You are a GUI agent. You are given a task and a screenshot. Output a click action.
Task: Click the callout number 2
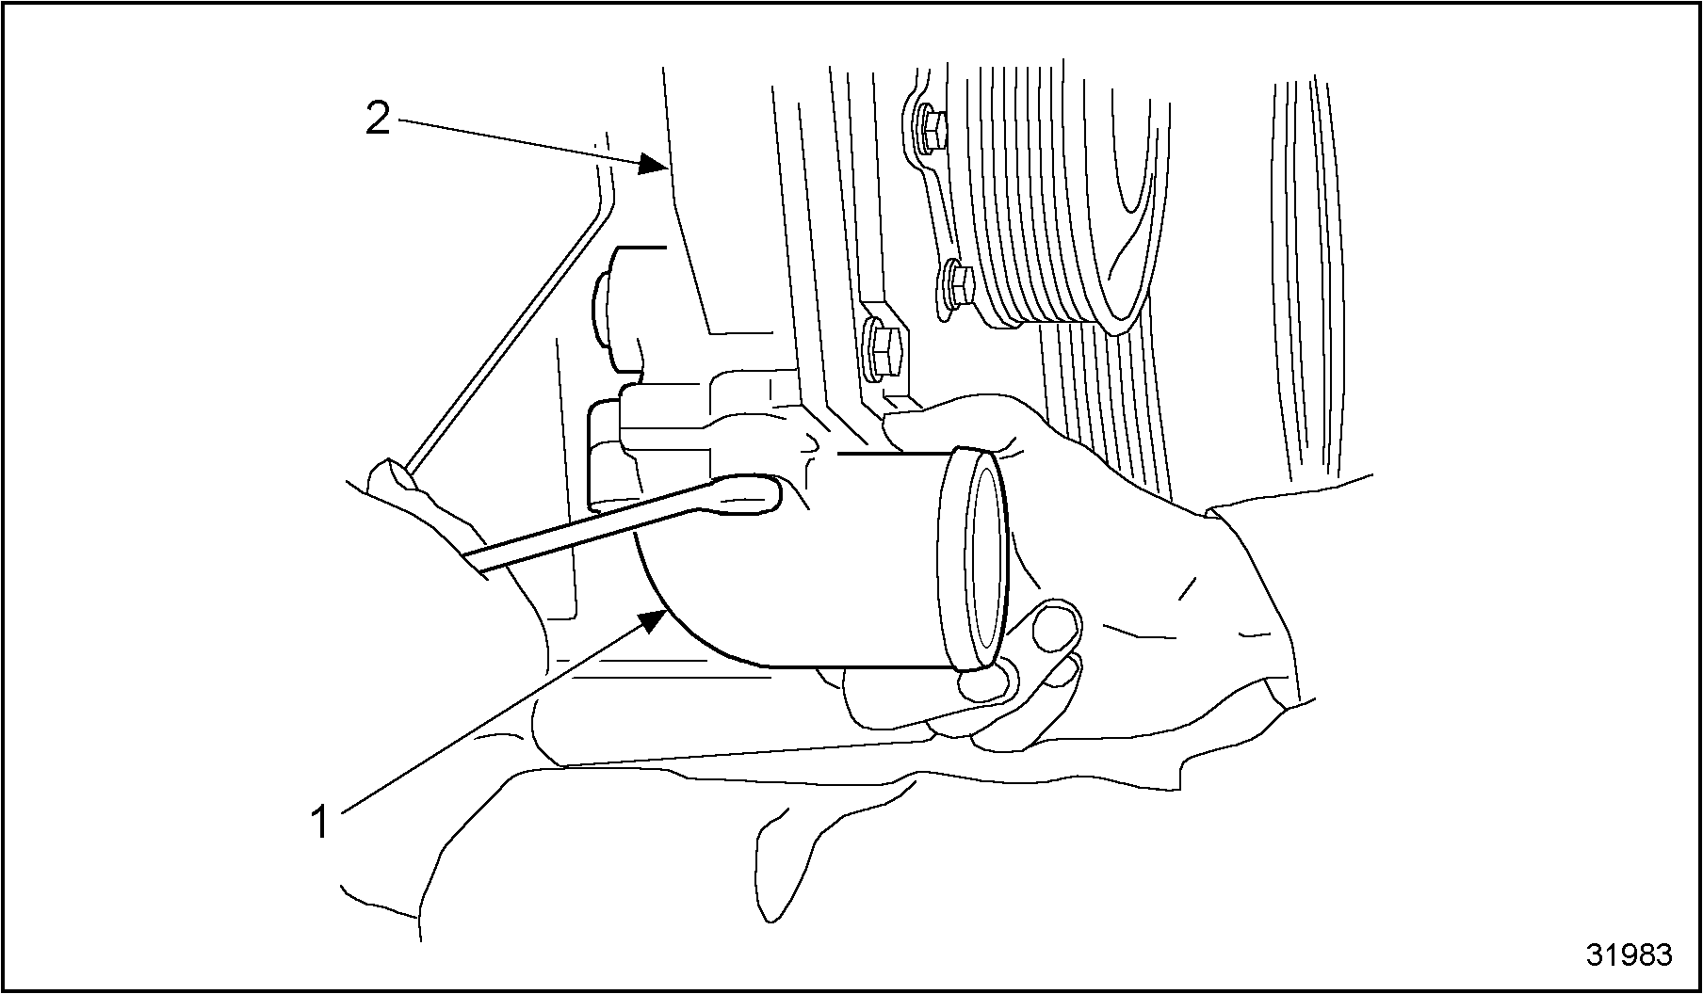[x=378, y=119]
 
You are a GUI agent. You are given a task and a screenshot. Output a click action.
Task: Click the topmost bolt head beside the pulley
[x=931, y=130]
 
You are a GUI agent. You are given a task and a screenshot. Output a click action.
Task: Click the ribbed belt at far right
[x=1309, y=273]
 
